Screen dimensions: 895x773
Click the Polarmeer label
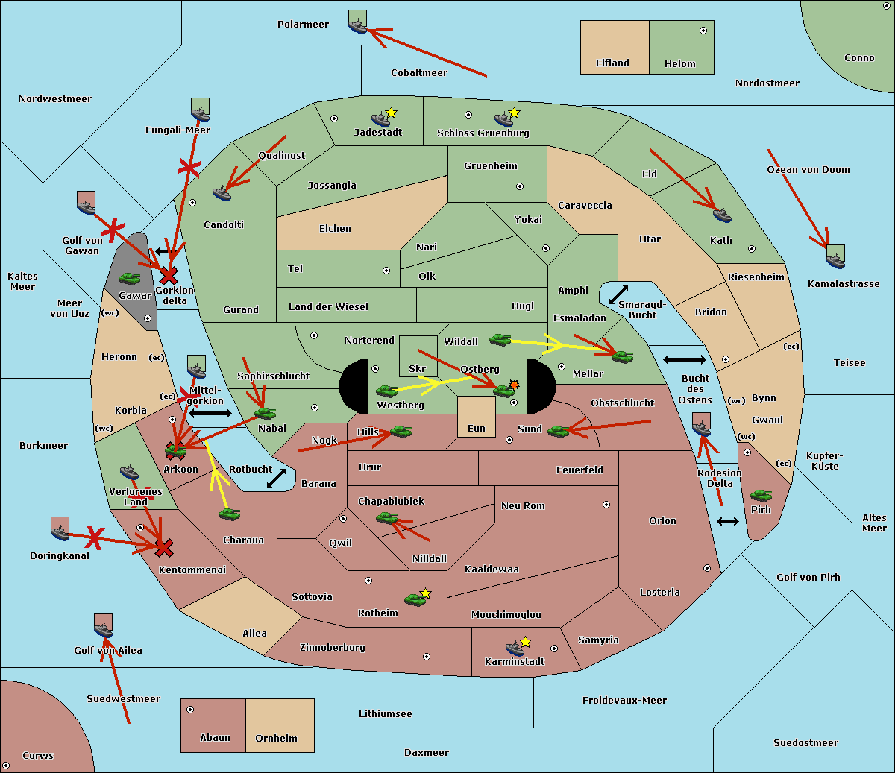click(303, 25)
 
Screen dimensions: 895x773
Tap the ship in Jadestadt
click(380, 119)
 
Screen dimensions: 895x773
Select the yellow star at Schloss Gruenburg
click(514, 113)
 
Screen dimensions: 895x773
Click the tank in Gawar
click(130, 278)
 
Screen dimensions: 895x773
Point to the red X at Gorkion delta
click(169, 276)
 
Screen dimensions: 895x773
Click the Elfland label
click(612, 63)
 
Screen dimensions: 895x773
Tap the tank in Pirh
click(761, 495)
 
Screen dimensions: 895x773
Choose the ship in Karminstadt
click(515, 649)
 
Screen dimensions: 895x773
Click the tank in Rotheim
click(415, 599)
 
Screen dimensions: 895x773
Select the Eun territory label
click(477, 428)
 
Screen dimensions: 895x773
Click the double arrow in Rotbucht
click(276, 478)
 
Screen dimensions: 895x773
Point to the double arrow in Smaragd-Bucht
click(618, 294)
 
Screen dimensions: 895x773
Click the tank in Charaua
click(229, 514)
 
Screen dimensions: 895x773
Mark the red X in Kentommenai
click(164, 548)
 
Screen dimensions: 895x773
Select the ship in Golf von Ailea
click(104, 630)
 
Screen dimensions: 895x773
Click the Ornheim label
click(276, 738)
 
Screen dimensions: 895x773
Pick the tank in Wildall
click(500, 340)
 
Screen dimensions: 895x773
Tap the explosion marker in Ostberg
click(515, 385)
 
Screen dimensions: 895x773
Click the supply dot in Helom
click(703, 31)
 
